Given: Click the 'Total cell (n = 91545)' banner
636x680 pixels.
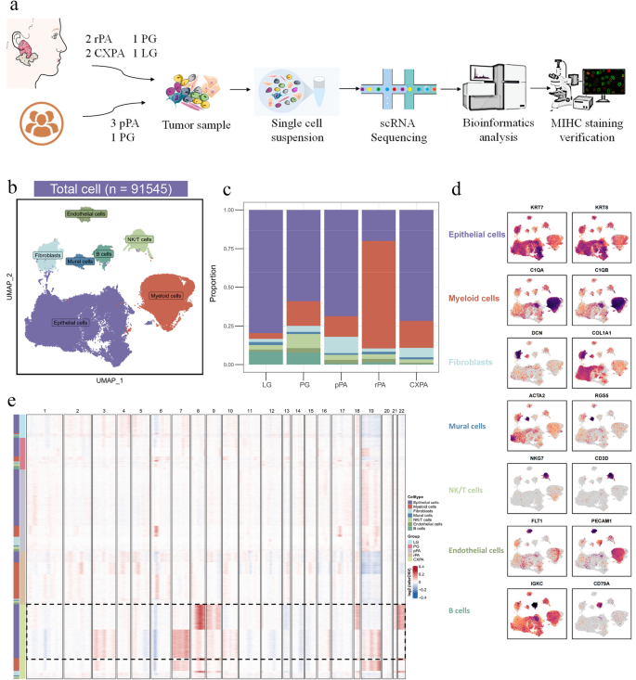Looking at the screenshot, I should point(110,189).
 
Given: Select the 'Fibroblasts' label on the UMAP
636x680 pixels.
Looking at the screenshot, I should point(47,253).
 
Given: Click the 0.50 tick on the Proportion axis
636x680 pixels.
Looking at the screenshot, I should point(230,288).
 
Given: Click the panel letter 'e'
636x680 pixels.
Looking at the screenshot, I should point(9,402).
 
